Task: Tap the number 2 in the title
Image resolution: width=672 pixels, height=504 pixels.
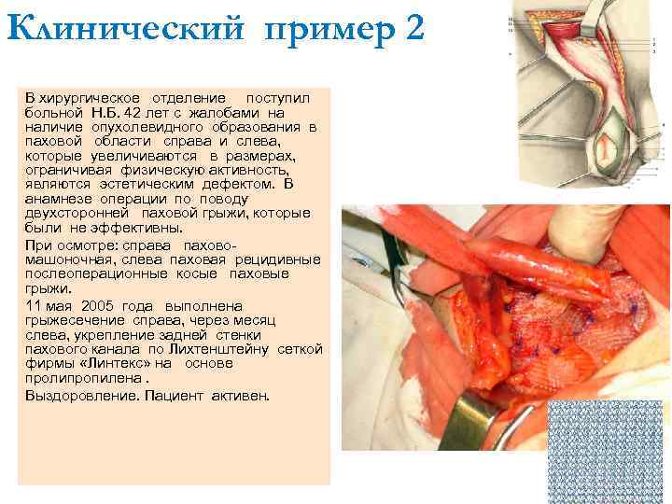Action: pyautogui.click(x=414, y=29)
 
